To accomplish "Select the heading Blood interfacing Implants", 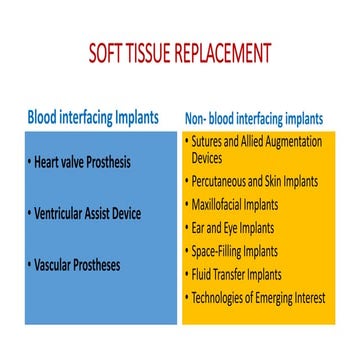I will [x=92, y=117].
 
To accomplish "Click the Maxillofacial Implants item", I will [x=237, y=204].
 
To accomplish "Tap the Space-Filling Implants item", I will [x=236, y=250].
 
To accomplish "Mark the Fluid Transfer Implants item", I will [x=237, y=274].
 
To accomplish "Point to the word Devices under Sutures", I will [x=207, y=158].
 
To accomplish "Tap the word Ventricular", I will [x=64, y=213].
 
